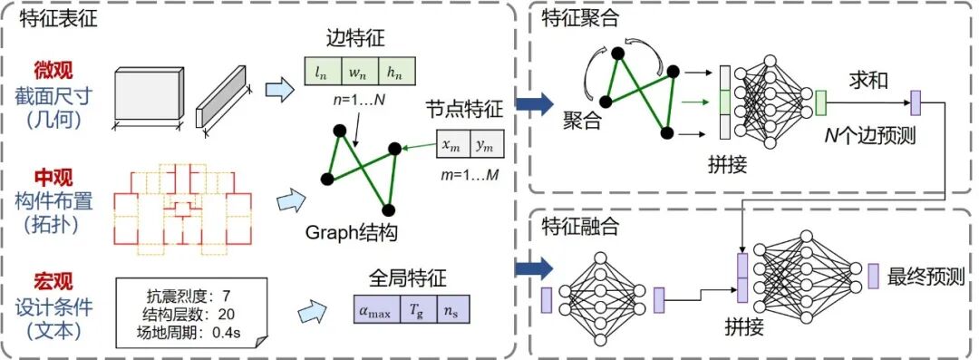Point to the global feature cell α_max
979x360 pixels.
tap(376, 309)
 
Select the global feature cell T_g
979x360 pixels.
tap(416, 309)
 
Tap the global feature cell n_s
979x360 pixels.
tap(451, 309)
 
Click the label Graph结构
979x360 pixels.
tap(352, 233)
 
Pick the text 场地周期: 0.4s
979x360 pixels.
tap(194, 329)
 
